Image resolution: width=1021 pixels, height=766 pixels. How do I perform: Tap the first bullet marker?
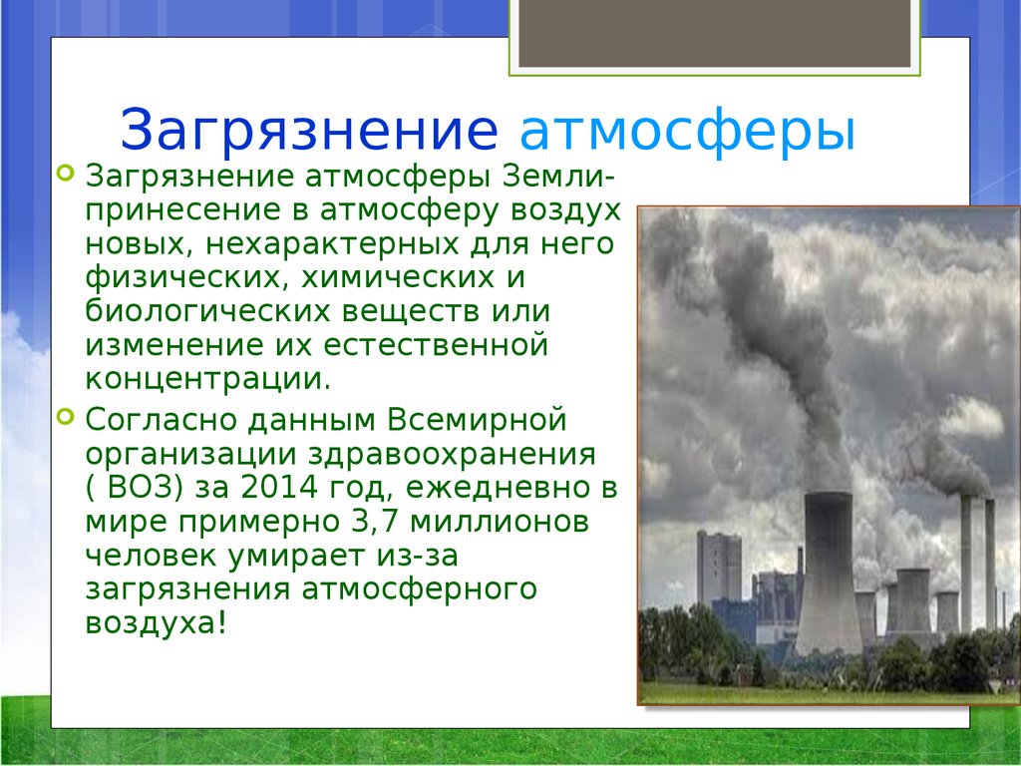[66, 173]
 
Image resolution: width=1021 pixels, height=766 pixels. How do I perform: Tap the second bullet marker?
[66, 416]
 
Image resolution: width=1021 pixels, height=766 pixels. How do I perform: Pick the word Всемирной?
[477, 420]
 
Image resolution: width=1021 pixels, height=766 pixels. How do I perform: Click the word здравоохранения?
[452, 454]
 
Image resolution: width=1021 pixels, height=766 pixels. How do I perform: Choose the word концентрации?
[207, 378]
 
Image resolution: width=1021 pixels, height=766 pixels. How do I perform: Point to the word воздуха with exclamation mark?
[157, 622]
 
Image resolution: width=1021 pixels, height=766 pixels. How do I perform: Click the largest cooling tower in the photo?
[829, 574]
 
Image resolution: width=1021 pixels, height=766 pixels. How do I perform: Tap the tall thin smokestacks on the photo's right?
[977, 564]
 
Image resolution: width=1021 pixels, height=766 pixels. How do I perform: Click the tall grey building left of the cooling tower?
[719, 567]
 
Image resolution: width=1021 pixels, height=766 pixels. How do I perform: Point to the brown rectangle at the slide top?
[714, 34]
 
